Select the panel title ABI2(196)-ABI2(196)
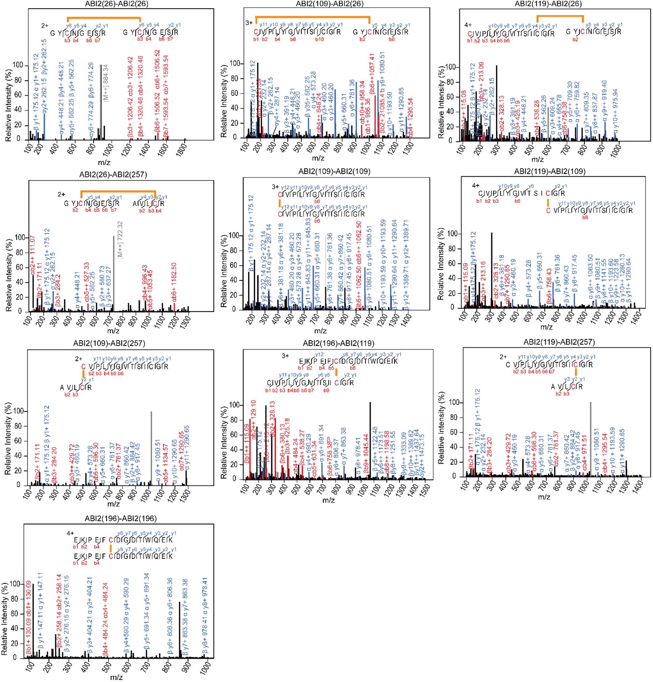(121, 518)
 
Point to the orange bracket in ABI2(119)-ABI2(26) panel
(560, 16)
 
